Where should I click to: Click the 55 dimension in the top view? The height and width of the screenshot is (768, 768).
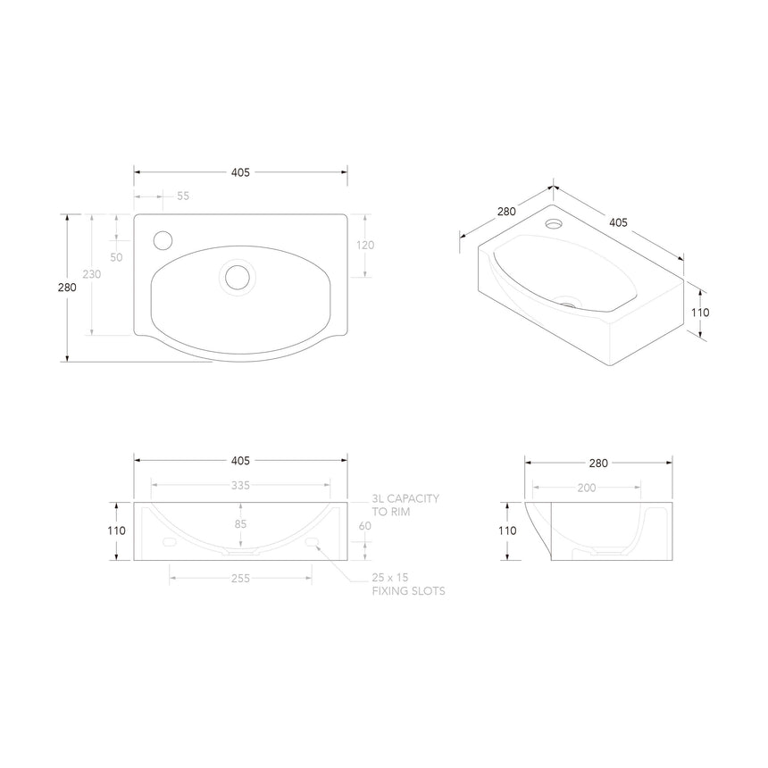pyautogui.click(x=183, y=196)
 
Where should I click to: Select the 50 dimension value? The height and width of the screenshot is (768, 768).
pyautogui.click(x=116, y=257)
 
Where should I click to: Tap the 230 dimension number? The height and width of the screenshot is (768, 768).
pyautogui.click(x=92, y=274)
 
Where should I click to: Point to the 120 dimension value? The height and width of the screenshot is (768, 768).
pyautogui.click(x=365, y=246)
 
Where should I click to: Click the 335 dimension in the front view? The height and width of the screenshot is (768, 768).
pyautogui.click(x=239, y=485)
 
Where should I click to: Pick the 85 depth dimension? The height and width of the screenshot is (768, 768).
pyautogui.click(x=240, y=524)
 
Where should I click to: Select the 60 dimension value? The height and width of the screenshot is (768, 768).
pyautogui.click(x=364, y=526)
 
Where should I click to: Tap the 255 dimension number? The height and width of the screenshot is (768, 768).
pyautogui.click(x=239, y=578)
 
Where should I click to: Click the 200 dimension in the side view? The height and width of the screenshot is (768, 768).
pyautogui.click(x=586, y=488)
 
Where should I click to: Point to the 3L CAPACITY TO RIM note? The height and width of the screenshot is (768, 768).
pyautogui.click(x=405, y=505)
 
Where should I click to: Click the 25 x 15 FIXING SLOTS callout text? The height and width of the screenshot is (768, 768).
pyautogui.click(x=408, y=584)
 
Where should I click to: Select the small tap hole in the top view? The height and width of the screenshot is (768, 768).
pyautogui.click(x=163, y=239)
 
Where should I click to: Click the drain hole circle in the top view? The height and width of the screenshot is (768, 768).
pyautogui.click(x=238, y=276)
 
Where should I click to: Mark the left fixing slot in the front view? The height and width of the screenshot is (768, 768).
pyautogui.click(x=169, y=542)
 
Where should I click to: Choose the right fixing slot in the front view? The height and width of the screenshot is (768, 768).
pyautogui.click(x=312, y=542)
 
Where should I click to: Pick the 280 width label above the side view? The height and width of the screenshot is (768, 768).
pyautogui.click(x=597, y=463)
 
